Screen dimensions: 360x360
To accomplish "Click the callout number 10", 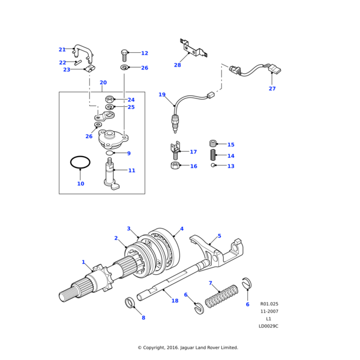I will pyautogui.click(x=80, y=184).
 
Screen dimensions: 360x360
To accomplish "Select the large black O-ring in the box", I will pyautogui.click(x=80, y=162).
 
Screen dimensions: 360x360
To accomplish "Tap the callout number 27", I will pyautogui.click(x=272, y=89).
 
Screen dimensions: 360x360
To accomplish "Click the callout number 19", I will pyautogui.click(x=162, y=95).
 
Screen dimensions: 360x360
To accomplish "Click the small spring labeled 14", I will pyautogui.click(x=212, y=155).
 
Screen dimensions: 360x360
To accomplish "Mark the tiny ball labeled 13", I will pyautogui.click(x=212, y=166).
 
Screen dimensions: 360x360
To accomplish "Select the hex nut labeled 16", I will pyautogui.click(x=174, y=166).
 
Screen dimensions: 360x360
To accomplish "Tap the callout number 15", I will pyautogui.click(x=230, y=145).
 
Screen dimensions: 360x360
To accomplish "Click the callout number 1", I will pyautogui.click(x=83, y=262).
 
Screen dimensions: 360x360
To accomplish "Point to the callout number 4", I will pyautogui.click(x=182, y=229).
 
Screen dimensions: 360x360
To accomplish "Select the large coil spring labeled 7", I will pyautogui.click(x=222, y=298).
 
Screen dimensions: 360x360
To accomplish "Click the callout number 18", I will pyautogui.click(x=175, y=301).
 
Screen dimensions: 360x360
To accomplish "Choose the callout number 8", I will pyautogui.click(x=143, y=317).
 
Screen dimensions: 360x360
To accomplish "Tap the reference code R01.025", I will pyautogui.click(x=269, y=304).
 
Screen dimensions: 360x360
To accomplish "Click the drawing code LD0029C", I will pyautogui.click(x=268, y=326).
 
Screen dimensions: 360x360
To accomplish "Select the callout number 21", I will pyautogui.click(x=62, y=50).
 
